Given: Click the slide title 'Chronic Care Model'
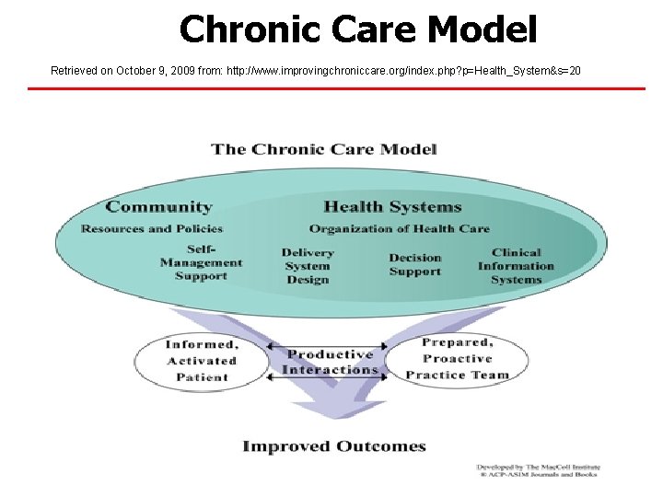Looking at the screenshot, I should (357, 29).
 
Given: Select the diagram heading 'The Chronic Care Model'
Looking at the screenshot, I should (324, 149).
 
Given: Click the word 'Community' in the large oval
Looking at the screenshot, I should (158, 207).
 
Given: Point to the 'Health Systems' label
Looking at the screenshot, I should (392, 207).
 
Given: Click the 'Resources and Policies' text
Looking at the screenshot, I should (152, 228).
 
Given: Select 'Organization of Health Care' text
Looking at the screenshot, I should (400, 228).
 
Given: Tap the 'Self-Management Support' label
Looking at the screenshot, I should (201, 262).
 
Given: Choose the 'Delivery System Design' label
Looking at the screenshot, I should (308, 266).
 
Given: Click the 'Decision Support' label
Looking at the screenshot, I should (415, 265).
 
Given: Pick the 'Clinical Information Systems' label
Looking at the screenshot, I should (516, 266).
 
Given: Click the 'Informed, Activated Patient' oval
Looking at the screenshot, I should (202, 360).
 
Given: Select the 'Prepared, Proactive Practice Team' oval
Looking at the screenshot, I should (457, 359).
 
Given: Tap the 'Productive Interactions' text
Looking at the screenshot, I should (331, 362).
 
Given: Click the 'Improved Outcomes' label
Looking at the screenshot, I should (334, 446).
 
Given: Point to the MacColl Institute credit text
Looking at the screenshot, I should (537, 470).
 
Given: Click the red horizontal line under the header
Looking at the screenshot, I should (331, 88).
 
